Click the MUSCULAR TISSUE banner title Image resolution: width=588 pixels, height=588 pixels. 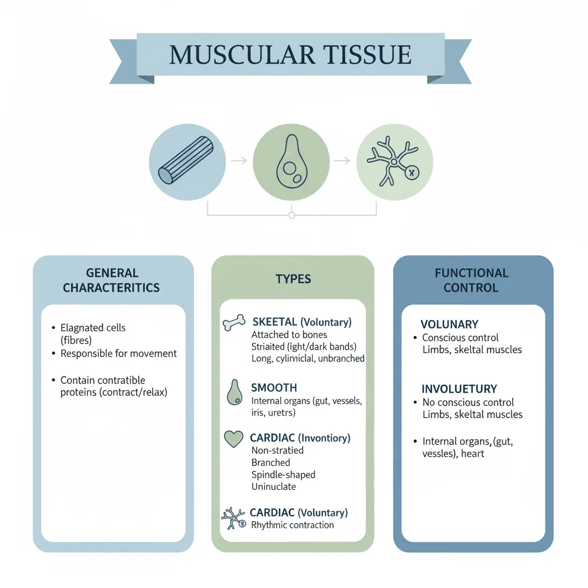(291, 55)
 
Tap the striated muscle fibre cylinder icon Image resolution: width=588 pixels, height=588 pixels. (185, 160)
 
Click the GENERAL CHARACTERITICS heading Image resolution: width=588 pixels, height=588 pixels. (112, 280)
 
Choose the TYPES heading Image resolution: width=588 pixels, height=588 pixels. (293, 279)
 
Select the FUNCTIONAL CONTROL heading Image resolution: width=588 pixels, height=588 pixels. (471, 280)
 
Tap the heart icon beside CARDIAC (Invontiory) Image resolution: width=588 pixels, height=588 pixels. (233, 439)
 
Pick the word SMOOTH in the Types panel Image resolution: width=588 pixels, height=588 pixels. (274, 388)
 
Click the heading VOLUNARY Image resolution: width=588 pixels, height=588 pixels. (449, 324)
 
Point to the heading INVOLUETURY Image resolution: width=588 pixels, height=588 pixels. (459, 389)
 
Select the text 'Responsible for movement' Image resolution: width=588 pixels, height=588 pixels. (119, 354)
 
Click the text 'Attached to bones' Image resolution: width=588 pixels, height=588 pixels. (289, 335)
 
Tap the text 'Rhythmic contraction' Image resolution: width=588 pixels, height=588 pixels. (292, 525)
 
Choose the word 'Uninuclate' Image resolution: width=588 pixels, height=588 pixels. (273, 486)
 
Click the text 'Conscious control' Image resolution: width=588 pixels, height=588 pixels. (460, 338)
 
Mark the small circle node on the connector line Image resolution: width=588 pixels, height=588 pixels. (292, 215)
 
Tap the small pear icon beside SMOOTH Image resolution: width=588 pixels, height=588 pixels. (233, 392)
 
